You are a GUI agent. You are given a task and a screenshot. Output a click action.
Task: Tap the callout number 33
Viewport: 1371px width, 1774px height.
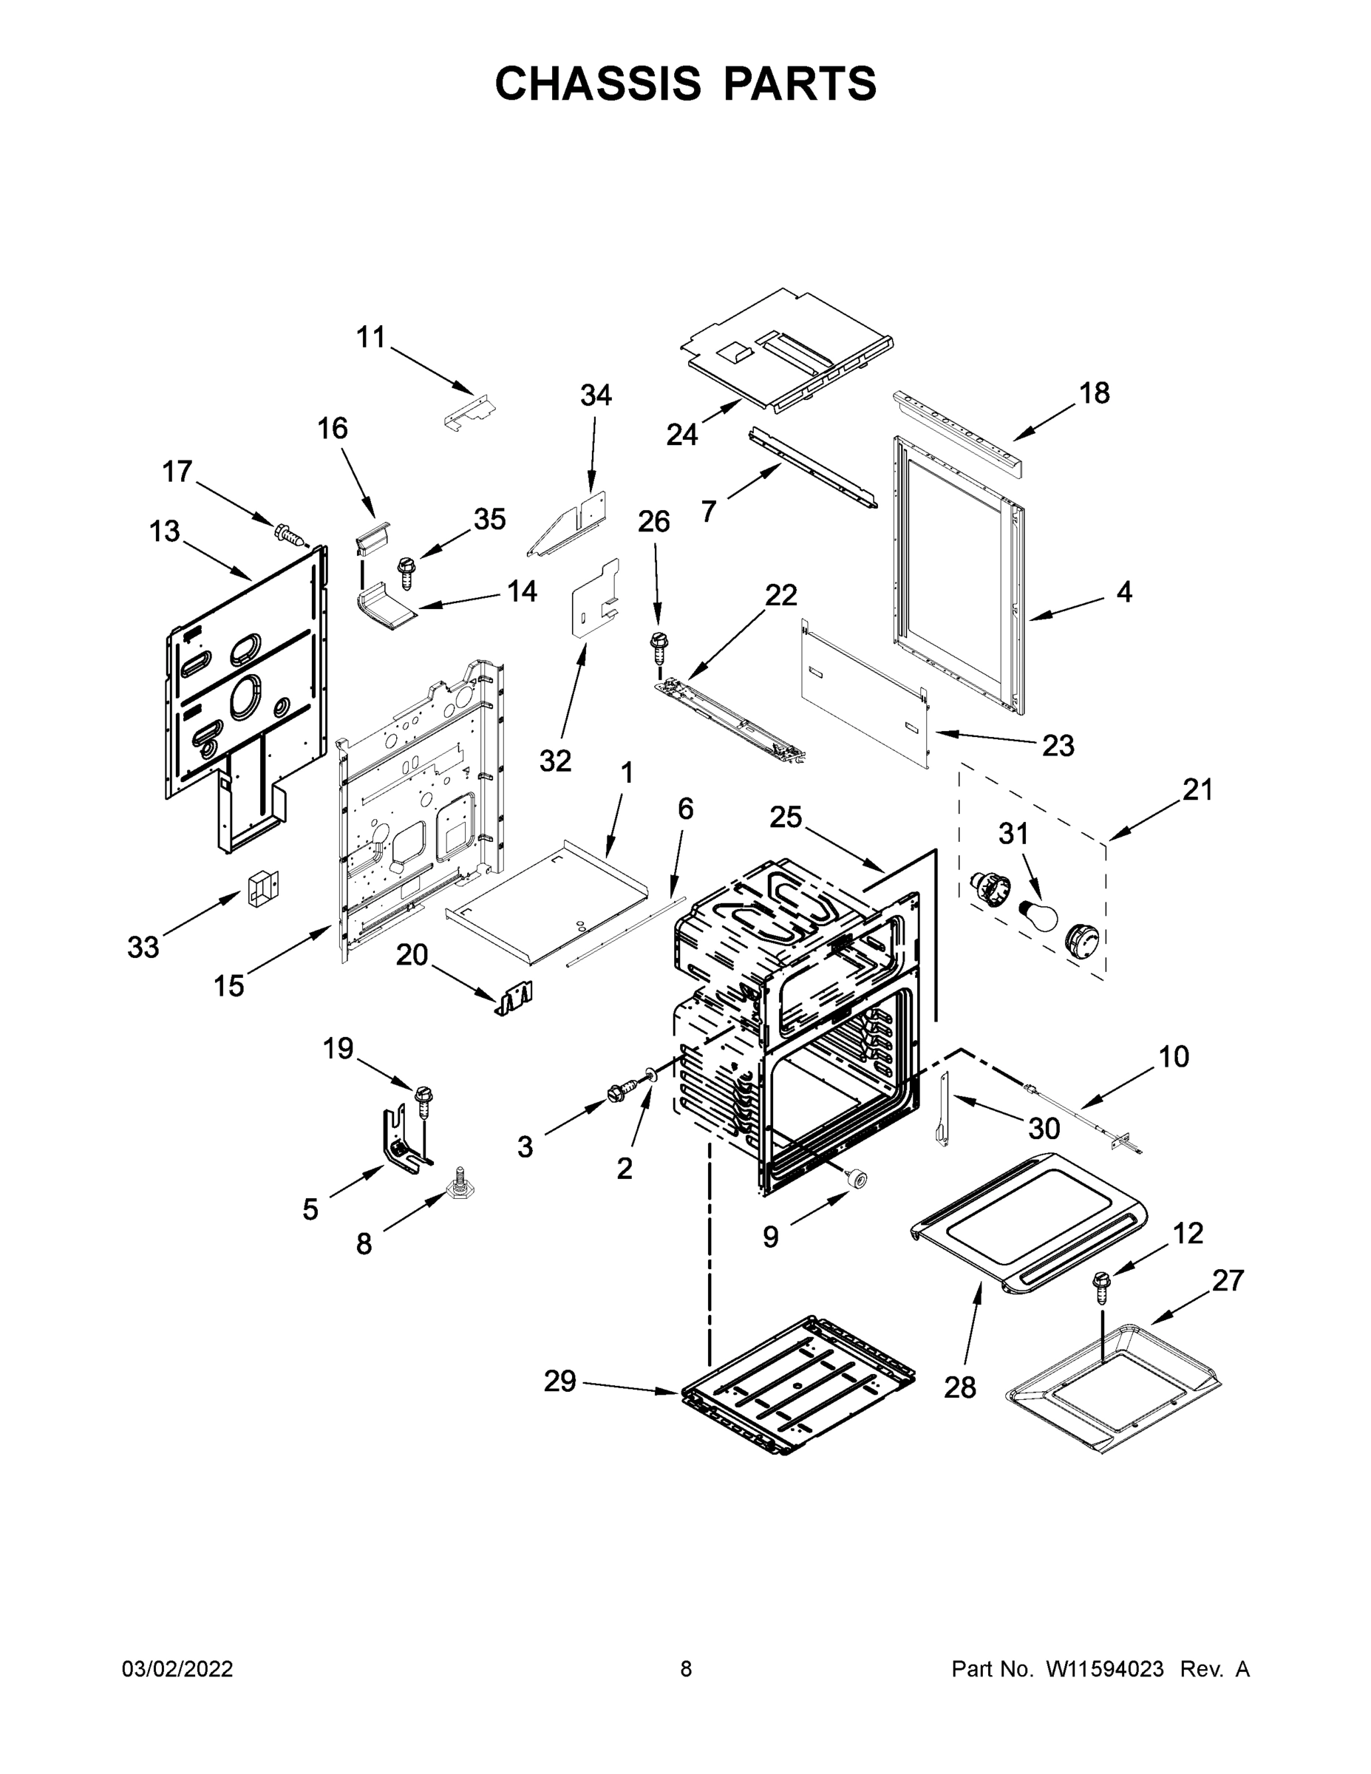click(x=143, y=947)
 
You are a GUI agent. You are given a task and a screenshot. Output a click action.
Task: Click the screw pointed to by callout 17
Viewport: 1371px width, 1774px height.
click(x=288, y=534)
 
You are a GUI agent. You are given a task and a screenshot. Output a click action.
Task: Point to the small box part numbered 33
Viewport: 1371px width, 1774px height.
click(x=262, y=888)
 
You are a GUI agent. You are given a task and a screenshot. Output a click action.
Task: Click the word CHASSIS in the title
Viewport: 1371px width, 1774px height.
click(x=598, y=84)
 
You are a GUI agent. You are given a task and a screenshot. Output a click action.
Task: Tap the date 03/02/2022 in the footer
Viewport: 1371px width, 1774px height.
click(x=177, y=1669)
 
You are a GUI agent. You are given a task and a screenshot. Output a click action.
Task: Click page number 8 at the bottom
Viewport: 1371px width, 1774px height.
click(x=686, y=1669)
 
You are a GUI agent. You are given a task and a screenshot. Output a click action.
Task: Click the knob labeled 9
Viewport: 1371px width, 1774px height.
click(x=854, y=1180)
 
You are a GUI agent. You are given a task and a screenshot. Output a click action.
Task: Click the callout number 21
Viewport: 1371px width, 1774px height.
click(x=1197, y=789)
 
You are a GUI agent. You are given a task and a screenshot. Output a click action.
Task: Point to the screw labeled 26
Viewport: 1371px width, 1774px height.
click(x=656, y=647)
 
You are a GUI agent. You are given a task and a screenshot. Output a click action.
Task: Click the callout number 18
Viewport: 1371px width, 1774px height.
click(x=1094, y=393)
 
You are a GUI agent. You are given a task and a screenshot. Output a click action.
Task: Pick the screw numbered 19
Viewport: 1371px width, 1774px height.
click(x=421, y=1099)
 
